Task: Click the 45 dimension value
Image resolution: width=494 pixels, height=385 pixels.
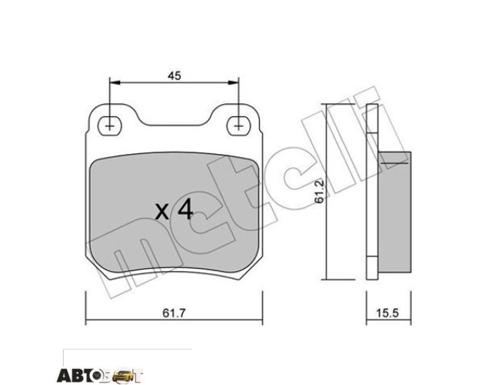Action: [x=174, y=76]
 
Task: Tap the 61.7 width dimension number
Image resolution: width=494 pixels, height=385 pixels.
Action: [x=174, y=313]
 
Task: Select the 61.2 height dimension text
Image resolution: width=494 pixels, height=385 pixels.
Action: [x=320, y=192]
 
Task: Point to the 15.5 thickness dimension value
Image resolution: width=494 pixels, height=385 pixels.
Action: [x=387, y=313]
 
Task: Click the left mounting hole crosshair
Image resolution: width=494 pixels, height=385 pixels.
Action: [x=109, y=126]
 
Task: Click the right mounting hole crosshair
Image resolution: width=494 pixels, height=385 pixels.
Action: [x=239, y=126]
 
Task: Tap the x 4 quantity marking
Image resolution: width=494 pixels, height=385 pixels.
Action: [x=174, y=211]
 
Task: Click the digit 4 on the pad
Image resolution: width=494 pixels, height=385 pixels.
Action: [x=185, y=210]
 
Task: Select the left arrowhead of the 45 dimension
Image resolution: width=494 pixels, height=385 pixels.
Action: [x=115, y=83]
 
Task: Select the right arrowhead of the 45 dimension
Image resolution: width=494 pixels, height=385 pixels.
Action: [x=233, y=83]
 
